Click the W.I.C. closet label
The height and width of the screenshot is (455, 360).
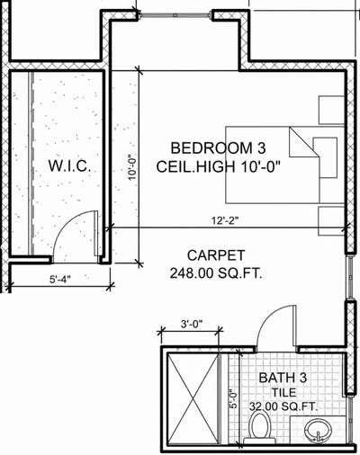[69, 166]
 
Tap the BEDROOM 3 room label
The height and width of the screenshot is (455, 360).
[218, 148]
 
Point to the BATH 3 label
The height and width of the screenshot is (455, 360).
[283, 378]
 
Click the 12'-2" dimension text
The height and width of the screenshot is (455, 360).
[225, 221]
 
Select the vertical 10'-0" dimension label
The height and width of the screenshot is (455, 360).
[132, 167]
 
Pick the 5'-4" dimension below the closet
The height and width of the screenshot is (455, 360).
[60, 279]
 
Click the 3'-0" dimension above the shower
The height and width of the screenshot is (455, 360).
[192, 324]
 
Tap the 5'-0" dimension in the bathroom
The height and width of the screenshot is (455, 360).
[233, 399]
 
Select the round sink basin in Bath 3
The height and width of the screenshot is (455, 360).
[318, 430]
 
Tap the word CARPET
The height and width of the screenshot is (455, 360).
[216, 255]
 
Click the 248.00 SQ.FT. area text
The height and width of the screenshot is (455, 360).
[216, 273]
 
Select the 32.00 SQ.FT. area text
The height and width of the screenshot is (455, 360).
[283, 406]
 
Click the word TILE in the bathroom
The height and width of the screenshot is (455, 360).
[283, 392]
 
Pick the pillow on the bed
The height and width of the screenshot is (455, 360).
[325, 157]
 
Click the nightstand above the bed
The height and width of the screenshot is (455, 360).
[331, 110]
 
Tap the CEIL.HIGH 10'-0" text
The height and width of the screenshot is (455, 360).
[218, 166]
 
